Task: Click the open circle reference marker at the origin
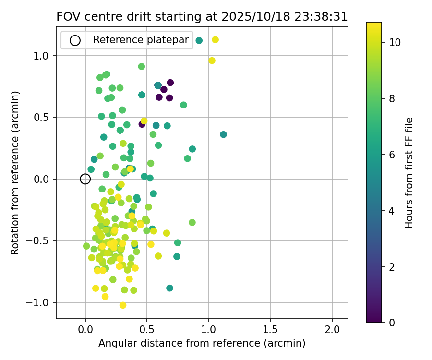(x=85, y=179)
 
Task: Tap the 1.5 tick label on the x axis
(x=270, y=331)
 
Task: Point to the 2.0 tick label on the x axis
(x=332, y=331)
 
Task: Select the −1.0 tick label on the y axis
(x=41, y=302)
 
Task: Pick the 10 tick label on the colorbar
(x=395, y=42)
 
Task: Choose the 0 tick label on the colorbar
(x=392, y=323)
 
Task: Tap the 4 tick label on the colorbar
(x=392, y=210)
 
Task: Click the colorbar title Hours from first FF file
(x=409, y=173)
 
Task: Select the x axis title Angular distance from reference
(x=202, y=344)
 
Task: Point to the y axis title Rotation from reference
(x=15, y=173)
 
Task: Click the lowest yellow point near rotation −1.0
(x=123, y=305)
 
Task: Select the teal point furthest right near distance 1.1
(x=223, y=134)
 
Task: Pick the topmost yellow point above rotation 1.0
(x=215, y=40)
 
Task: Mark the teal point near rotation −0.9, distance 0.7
(x=169, y=288)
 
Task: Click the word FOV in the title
(x=67, y=17)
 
